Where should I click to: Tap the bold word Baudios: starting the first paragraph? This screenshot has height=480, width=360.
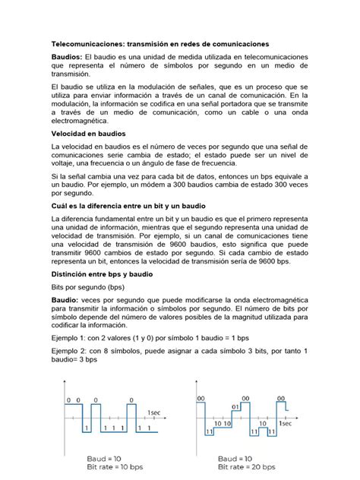[x=67, y=58]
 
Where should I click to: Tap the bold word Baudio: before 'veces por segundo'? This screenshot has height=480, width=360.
[x=66, y=300]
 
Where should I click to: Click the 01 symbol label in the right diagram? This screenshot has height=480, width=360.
[x=236, y=406]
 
